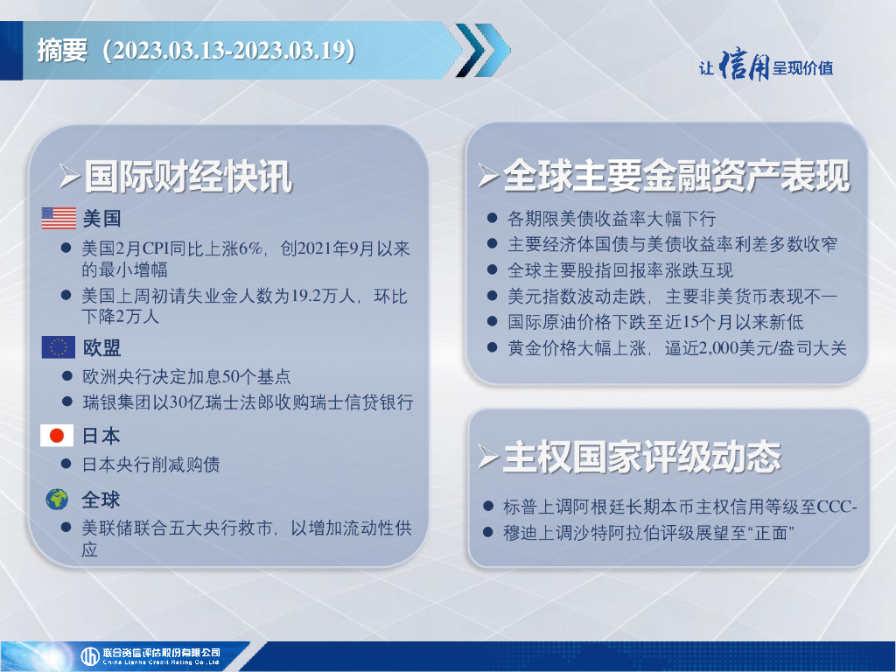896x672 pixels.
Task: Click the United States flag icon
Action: (59, 218)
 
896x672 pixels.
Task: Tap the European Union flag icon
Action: (59, 346)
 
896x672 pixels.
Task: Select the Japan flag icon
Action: (57, 436)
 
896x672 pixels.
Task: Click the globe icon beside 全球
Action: (57, 499)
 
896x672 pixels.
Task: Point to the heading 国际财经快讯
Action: (188, 176)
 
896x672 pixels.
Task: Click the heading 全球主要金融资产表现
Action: (676, 175)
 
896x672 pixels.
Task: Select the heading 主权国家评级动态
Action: (642, 457)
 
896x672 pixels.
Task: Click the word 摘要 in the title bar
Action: (62, 50)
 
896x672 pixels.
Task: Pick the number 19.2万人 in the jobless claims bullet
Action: (323, 296)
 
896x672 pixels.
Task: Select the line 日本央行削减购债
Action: (151, 464)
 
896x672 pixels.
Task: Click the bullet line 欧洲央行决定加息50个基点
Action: (187, 376)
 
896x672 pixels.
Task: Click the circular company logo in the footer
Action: (90, 656)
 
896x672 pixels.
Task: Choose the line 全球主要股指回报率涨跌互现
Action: (620, 269)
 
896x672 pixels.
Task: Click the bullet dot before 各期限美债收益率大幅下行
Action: (492, 218)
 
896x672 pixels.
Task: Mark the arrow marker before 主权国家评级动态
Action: (488, 458)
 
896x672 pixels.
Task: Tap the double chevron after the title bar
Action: (483, 50)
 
